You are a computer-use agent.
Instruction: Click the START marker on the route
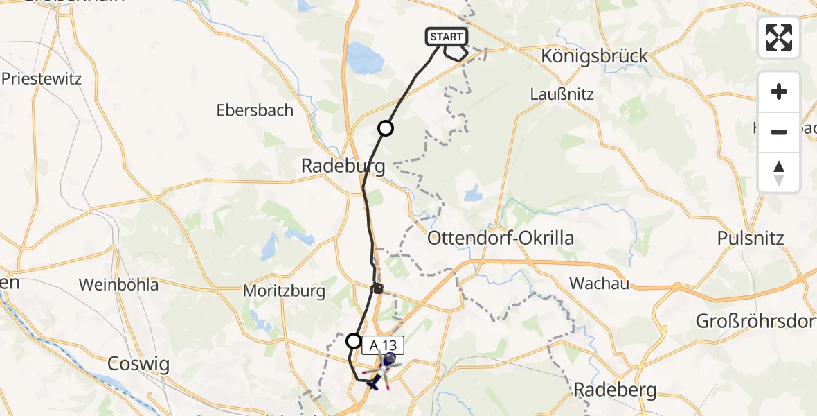point(447,36)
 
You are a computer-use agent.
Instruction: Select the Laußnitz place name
point(562,94)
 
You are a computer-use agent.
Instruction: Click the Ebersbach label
point(255,110)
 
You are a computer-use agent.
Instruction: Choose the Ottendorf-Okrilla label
point(501,239)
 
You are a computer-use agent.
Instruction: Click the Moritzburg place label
point(284,291)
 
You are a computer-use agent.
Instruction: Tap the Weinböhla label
point(118,284)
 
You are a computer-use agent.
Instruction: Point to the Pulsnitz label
point(751,239)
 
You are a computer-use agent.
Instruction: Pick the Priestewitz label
point(42,78)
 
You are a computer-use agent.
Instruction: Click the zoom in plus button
point(779,92)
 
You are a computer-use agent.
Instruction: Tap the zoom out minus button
point(779,132)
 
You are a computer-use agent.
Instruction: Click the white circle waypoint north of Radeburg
point(385,128)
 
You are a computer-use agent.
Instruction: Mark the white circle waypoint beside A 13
point(354,340)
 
